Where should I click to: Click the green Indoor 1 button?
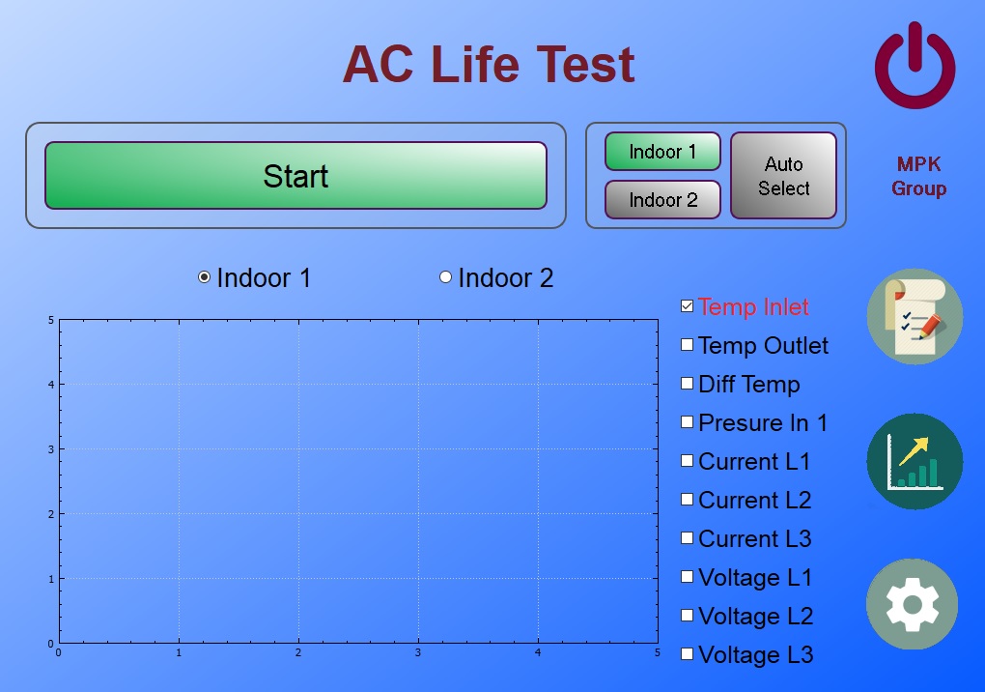662,152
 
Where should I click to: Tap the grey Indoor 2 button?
662,200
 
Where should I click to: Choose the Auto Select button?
783,175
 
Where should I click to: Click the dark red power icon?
915,65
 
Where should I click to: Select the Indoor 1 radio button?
204,277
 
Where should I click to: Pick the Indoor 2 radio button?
445,277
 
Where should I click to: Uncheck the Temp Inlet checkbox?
688,306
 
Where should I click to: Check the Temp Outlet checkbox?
688,344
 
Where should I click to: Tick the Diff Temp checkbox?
688,384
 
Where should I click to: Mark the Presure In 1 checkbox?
688,421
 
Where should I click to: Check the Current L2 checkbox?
688,499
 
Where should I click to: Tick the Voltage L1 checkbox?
688,576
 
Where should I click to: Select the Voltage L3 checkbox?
688,653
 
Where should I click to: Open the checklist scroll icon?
915,316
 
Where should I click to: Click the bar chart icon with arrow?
915,461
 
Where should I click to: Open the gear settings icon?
913,604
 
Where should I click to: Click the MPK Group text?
918,176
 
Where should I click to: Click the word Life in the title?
475,64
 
